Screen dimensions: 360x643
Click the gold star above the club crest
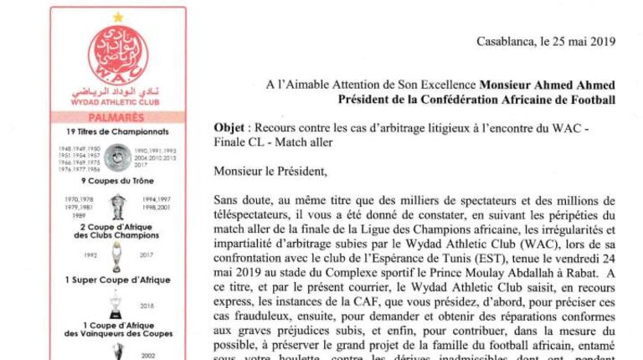117,17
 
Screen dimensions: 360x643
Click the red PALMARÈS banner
117,118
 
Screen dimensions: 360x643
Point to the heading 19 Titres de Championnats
117,132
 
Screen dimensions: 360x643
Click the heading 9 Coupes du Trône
117,181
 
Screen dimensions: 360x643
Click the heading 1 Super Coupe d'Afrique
117,279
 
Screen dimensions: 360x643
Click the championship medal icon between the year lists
118,156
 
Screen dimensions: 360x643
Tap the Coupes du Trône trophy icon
118,205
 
